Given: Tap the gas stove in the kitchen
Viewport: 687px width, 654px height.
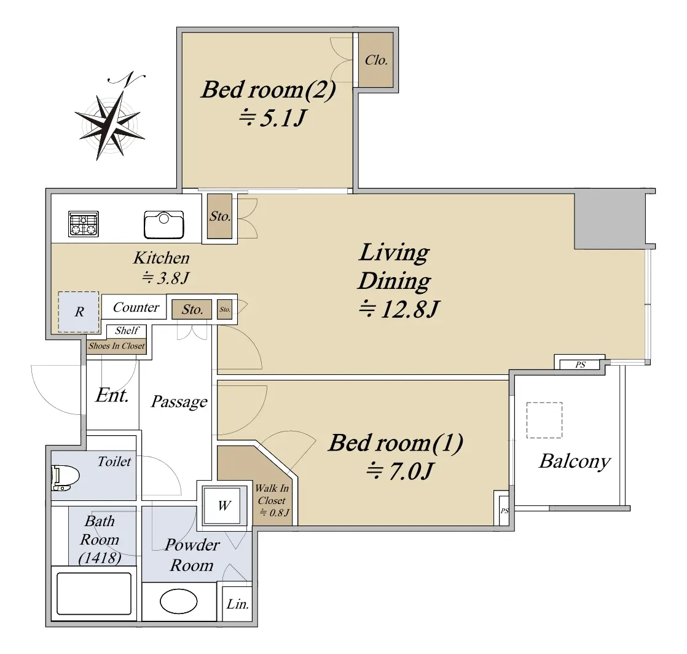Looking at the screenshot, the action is point(84,224).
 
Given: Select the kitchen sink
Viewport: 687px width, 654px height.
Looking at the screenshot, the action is point(164,225).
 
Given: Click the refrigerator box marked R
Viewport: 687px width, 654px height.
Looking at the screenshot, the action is point(79,312).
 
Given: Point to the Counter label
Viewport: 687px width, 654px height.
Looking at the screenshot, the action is point(136,307).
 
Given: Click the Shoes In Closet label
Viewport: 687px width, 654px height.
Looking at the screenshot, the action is point(116,346).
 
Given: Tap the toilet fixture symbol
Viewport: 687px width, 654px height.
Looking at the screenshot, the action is point(65,478).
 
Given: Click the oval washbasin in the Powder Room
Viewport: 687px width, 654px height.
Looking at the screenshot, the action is point(179,601).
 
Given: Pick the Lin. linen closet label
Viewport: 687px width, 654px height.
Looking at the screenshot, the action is point(237,604).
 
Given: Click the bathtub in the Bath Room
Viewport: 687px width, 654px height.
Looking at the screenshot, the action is point(94,594).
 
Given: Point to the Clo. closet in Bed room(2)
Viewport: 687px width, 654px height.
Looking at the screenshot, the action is point(376,60).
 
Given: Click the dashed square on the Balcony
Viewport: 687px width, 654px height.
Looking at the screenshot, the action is point(544,420).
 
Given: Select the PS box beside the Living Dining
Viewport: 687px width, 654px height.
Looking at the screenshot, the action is point(580,364).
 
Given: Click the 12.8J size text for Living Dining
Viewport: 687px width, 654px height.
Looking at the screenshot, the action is point(399,309).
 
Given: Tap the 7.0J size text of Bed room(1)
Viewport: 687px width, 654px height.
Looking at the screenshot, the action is point(399,471).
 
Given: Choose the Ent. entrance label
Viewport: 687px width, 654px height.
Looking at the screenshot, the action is point(112,395).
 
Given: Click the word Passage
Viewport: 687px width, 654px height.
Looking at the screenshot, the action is point(179,401).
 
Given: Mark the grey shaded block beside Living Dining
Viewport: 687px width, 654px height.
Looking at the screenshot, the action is point(610,219).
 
